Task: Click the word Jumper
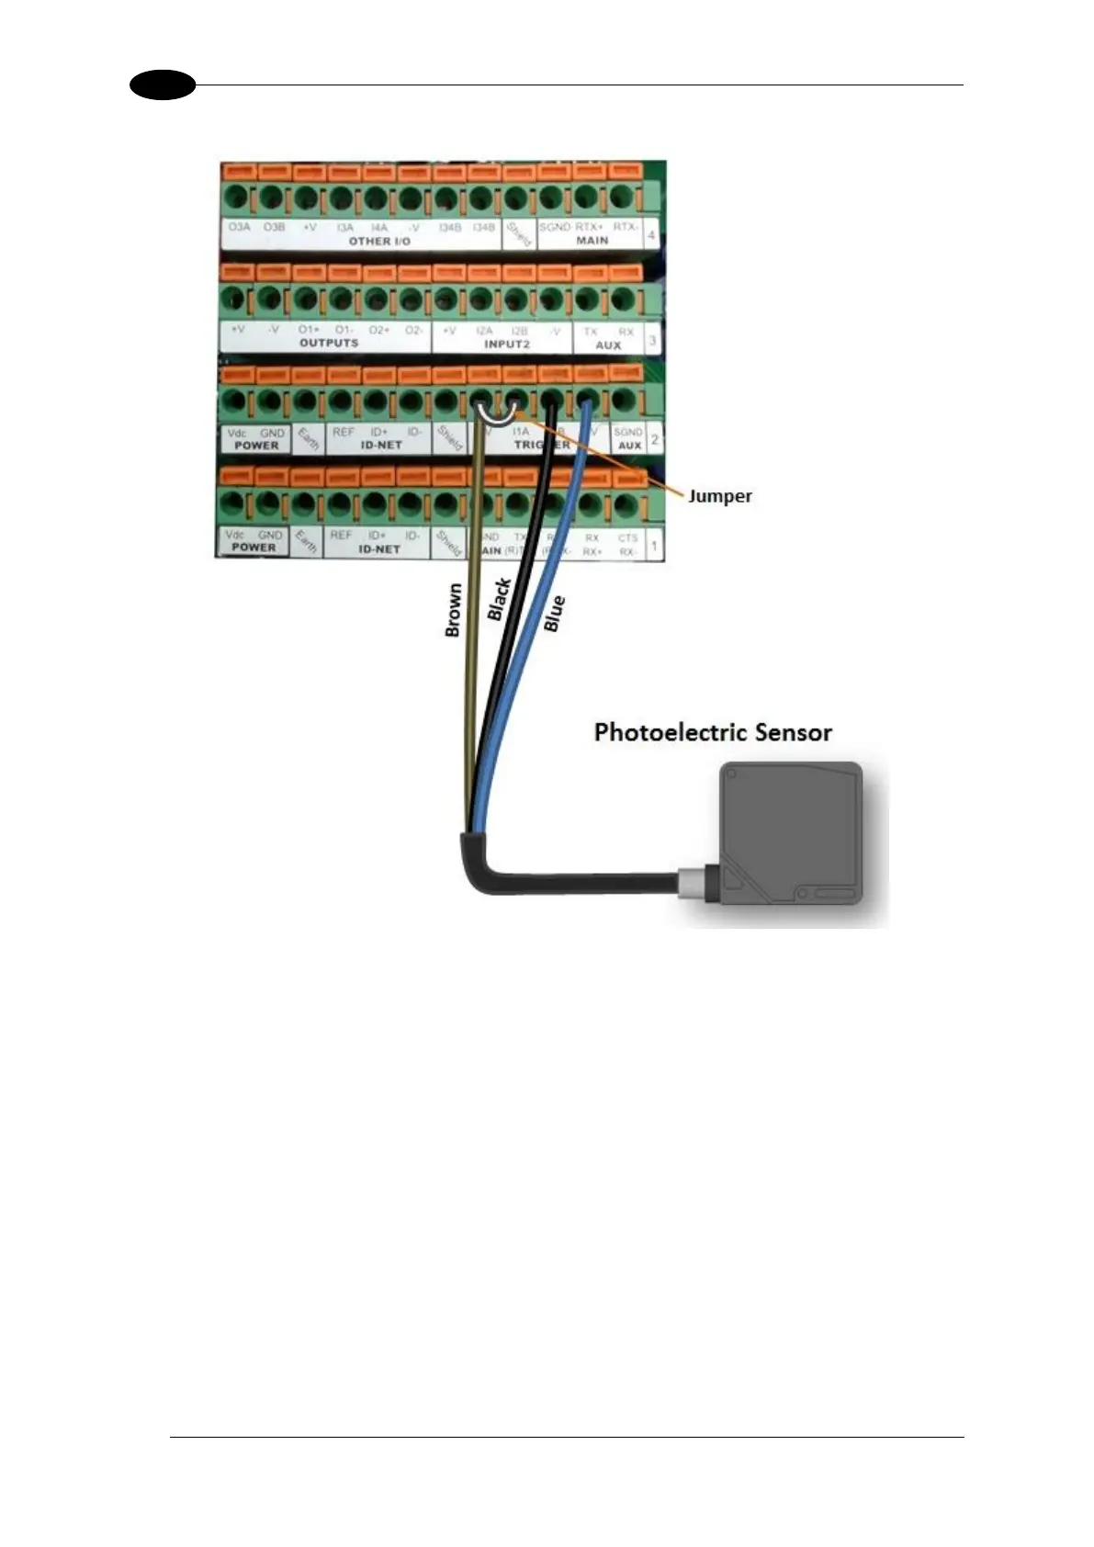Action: click(720, 496)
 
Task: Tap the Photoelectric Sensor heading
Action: click(713, 732)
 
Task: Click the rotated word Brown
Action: click(452, 611)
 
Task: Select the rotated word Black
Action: click(499, 599)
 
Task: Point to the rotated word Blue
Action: click(554, 614)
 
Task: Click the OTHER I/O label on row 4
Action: click(379, 242)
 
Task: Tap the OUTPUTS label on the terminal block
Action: click(328, 343)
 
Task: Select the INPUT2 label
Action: click(506, 344)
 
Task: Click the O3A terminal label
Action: click(239, 226)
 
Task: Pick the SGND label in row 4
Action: click(554, 226)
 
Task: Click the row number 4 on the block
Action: click(652, 235)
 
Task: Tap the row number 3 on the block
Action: click(652, 341)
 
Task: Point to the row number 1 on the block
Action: click(654, 546)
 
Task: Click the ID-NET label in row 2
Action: click(379, 445)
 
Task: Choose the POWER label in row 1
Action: click(254, 548)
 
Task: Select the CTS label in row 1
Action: click(627, 538)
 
